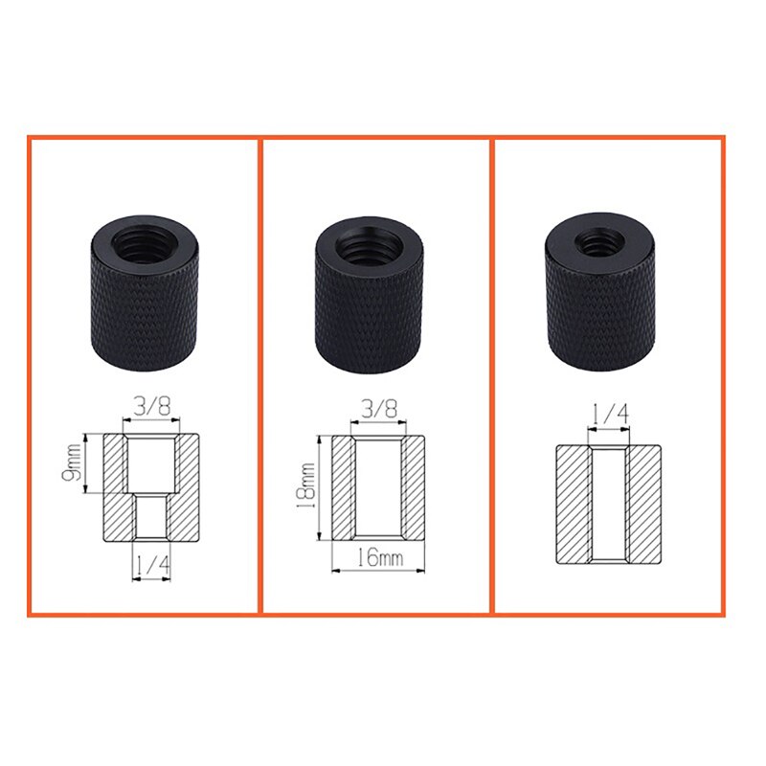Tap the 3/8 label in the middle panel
pos(380,407)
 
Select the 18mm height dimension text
pos(305,489)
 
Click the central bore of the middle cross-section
pos(380,488)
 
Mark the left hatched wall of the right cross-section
pos(574,504)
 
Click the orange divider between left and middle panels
pos(260,373)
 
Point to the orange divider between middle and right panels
pos(492,373)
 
